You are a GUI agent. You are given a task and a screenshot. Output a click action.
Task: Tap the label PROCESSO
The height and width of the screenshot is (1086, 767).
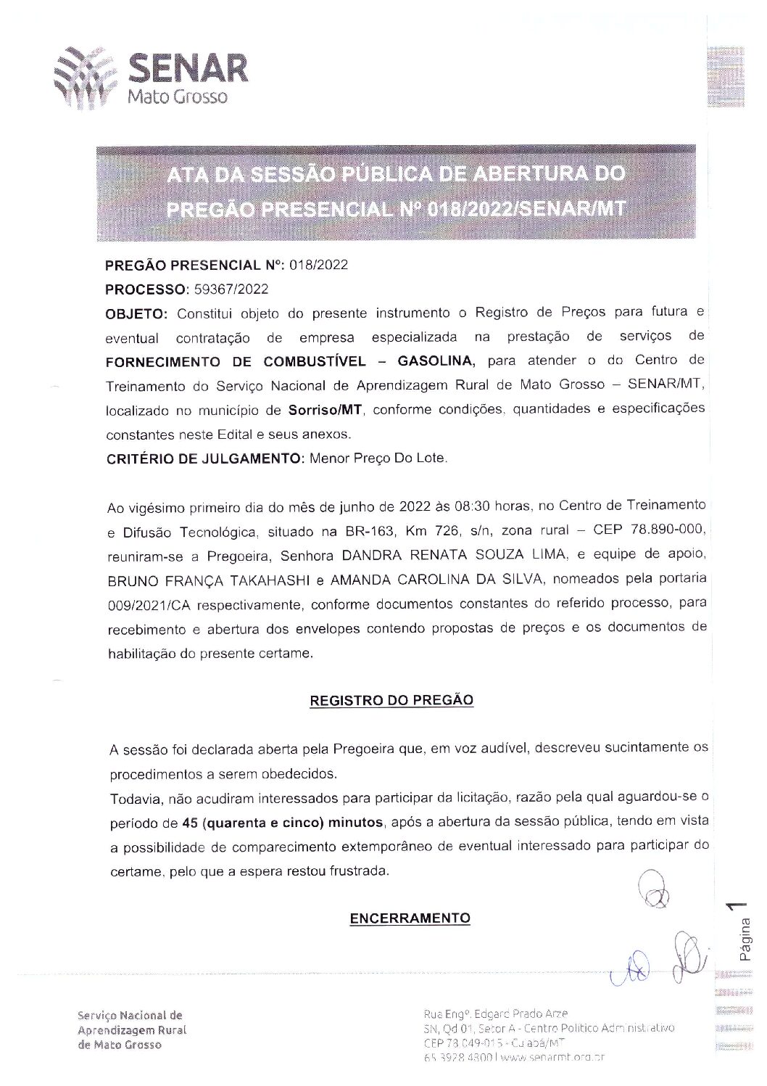145,289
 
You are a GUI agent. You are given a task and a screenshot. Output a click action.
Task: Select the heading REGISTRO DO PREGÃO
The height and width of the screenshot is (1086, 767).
391,700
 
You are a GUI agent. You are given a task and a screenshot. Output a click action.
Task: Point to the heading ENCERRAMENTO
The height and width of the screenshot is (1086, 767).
410,918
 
